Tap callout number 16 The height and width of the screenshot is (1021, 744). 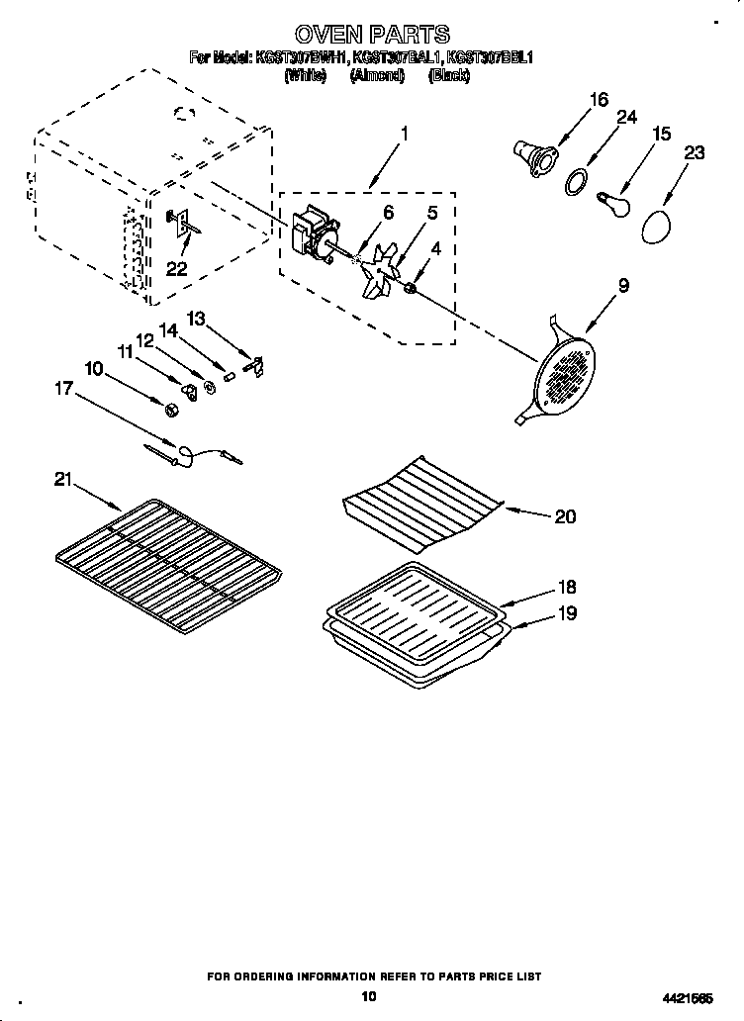598,99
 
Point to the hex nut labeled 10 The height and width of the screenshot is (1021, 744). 168,408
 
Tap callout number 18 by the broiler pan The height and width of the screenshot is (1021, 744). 567,587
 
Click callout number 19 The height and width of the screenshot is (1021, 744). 567,613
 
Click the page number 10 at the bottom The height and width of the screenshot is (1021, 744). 369,996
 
